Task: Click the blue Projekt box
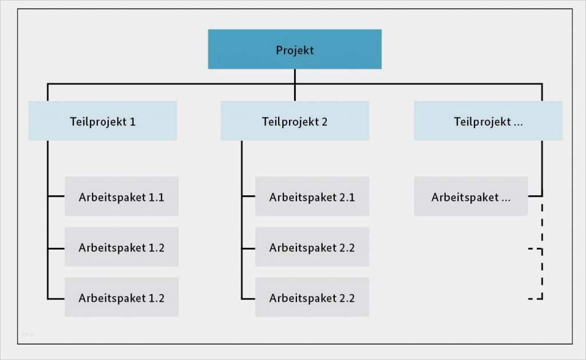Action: point(294,49)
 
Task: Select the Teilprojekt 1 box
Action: point(102,121)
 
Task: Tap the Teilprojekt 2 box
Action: point(294,121)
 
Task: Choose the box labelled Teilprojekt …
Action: point(488,121)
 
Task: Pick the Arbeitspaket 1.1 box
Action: point(121,196)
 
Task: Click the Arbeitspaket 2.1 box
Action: point(312,196)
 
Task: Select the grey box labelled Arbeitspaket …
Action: point(470,196)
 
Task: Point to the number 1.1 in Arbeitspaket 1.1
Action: point(156,197)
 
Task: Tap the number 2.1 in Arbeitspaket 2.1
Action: point(347,197)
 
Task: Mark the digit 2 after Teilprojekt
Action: point(324,122)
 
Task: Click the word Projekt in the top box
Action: point(295,50)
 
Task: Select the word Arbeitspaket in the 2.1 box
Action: point(302,197)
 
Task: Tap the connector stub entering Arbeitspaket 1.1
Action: point(56,196)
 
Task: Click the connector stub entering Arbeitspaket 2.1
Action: point(248,196)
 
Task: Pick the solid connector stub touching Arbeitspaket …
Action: point(534,196)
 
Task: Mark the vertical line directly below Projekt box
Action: point(295,76)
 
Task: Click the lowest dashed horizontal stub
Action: point(534,298)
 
